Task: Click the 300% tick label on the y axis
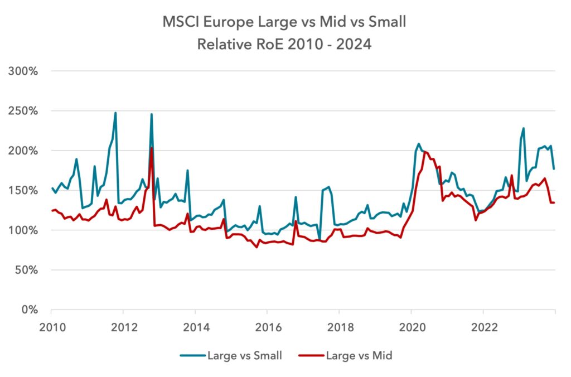pyautogui.click(x=23, y=71)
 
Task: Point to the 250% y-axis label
pyautogui.click(x=23, y=111)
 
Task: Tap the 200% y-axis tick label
pyautogui.click(x=23, y=151)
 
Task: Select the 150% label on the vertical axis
pyautogui.click(x=23, y=190)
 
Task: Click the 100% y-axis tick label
pyautogui.click(x=23, y=230)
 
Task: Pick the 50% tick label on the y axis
pyautogui.click(x=26, y=270)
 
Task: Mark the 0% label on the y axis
pyautogui.click(x=30, y=310)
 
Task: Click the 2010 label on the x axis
pyautogui.click(x=52, y=327)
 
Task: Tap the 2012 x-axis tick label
pyautogui.click(x=124, y=327)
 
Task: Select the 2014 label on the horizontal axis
pyautogui.click(x=196, y=327)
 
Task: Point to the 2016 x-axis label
pyautogui.click(x=268, y=327)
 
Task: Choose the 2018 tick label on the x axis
pyautogui.click(x=341, y=327)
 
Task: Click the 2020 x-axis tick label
pyautogui.click(x=412, y=327)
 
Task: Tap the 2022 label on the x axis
pyautogui.click(x=485, y=327)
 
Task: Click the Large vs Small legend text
pyautogui.click(x=245, y=355)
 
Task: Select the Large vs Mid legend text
pyautogui.click(x=359, y=355)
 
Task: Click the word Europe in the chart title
pyautogui.click(x=228, y=22)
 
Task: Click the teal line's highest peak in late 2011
pyautogui.click(x=115, y=113)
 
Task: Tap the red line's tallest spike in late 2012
pyautogui.click(x=152, y=148)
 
